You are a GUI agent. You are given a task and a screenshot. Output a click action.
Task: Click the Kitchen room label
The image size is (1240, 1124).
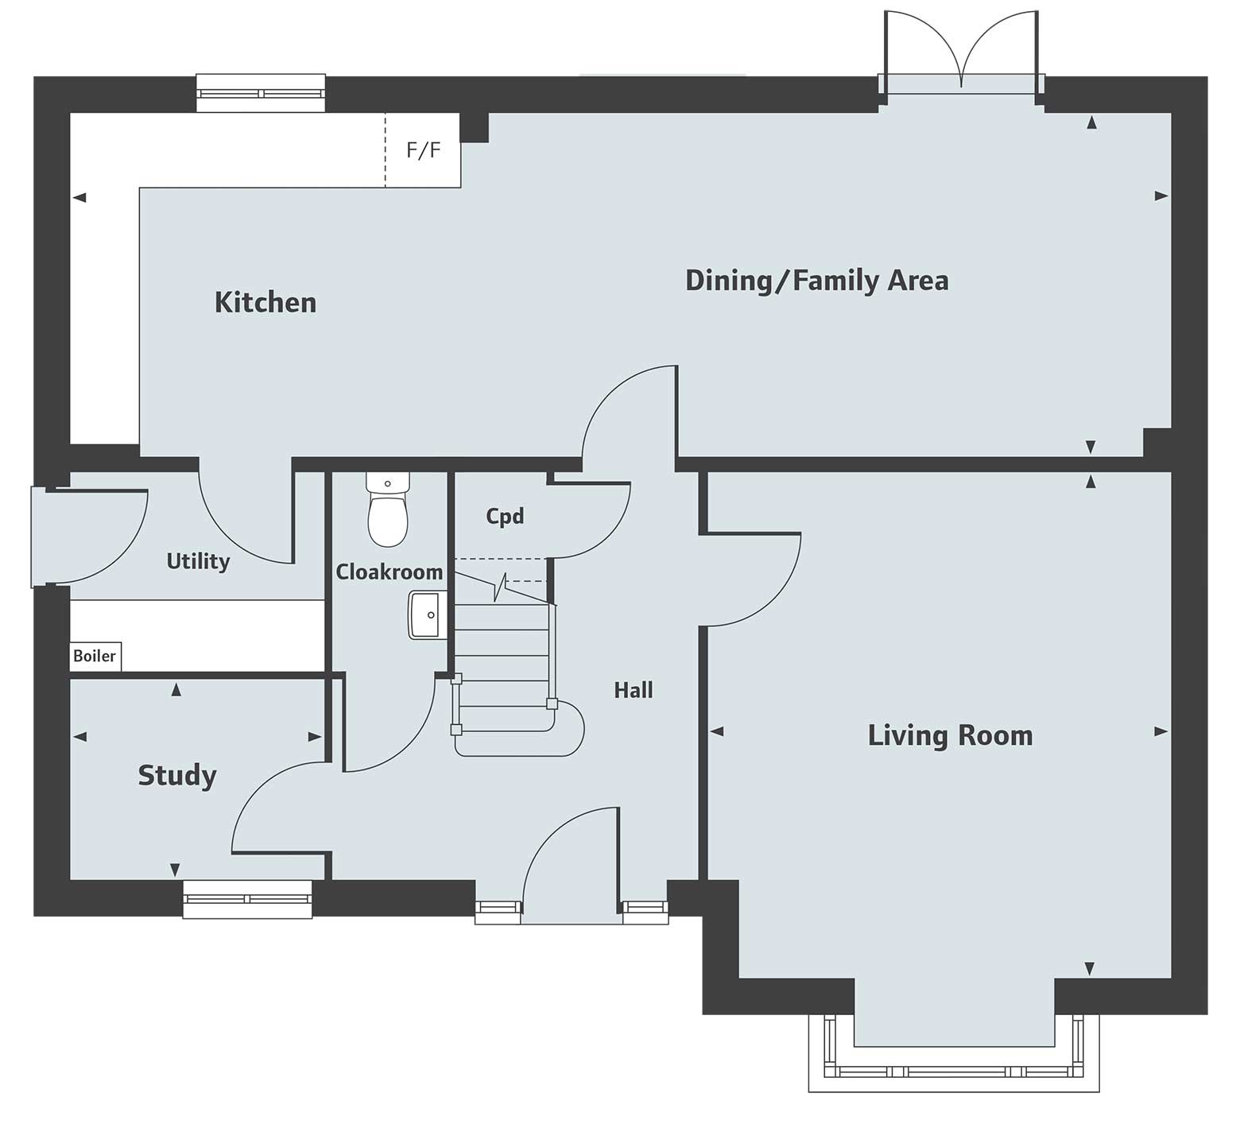pos(265,303)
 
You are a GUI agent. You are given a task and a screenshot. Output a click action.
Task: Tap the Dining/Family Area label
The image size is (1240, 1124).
pos(816,281)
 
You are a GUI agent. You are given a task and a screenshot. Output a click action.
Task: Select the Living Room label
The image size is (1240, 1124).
pos(950,735)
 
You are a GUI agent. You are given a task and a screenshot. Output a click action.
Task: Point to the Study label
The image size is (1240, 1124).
pos(176,775)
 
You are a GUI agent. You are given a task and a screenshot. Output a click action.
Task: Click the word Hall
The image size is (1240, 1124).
pos(633,690)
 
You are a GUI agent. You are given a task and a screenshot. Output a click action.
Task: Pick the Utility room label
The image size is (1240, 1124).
pos(198,561)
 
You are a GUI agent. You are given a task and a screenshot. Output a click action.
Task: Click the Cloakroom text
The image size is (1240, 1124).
pos(389,572)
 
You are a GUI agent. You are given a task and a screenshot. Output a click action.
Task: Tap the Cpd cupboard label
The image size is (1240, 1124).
pos(505,517)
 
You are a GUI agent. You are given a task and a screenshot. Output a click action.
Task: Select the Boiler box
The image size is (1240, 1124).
pos(95,657)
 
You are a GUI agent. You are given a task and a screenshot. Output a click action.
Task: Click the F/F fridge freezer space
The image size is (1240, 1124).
pos(423,150)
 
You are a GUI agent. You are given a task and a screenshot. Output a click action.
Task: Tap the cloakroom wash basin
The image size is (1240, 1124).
pos(425,614)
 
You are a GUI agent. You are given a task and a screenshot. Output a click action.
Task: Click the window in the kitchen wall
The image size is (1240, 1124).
pos(261,93)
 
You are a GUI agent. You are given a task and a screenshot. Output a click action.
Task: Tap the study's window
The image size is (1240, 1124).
pos(247,899)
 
